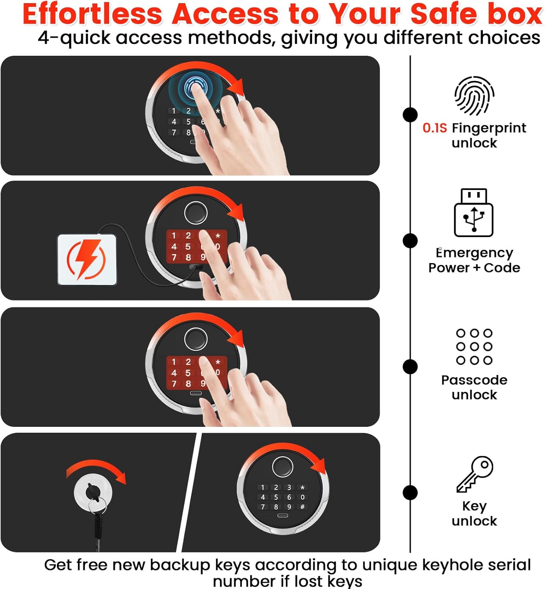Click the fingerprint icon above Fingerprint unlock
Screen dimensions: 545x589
tap(474, 95)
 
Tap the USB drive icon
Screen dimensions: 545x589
tap(474, 212)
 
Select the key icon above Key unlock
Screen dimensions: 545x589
tap(475, 474)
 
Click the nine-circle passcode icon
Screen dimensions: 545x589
tap(474, 347)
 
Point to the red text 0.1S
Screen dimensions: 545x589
tap(435, 128)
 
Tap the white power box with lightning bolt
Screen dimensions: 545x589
tap(87, 260)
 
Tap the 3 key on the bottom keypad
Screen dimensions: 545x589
tap(289, 487)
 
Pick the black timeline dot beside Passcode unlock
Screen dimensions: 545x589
tap(410, 367)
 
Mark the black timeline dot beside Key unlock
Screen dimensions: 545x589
tap(410, 493)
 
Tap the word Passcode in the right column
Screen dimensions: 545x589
tap(474, 380)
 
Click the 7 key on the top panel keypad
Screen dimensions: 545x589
tap(174, 133)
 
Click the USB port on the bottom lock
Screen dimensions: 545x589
tap(282, 516)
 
